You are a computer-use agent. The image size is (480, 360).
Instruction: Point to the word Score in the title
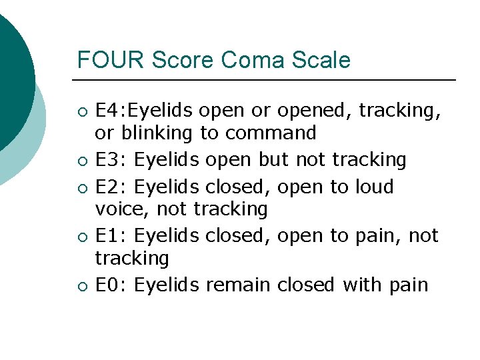coord(183,60)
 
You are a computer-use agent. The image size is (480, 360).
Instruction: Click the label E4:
coord(113,110)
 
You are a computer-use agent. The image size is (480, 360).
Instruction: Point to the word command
coord(271,133)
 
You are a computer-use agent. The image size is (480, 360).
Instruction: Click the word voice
coord(117,209)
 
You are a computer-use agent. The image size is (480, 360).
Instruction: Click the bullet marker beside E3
coord(81,161)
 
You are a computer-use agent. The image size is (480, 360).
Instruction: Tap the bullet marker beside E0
coord(81,286)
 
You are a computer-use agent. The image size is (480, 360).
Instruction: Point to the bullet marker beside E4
coord(81,111)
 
